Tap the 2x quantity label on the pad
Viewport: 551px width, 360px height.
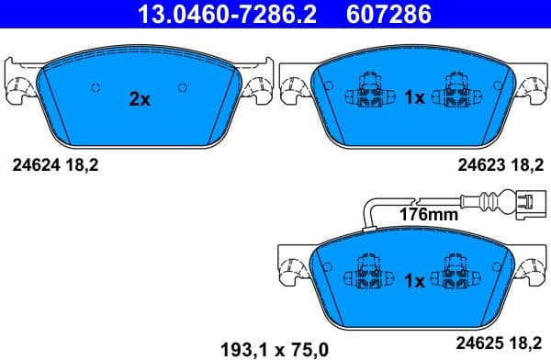tap(139, 99)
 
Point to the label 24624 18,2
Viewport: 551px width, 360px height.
tap(55, 166)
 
